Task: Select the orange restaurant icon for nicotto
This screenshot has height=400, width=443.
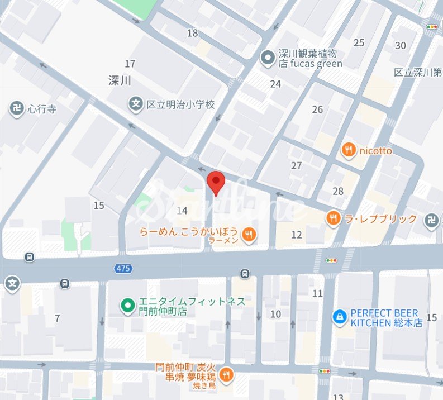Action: [349, 150]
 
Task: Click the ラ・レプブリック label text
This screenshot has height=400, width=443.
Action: [380, 218]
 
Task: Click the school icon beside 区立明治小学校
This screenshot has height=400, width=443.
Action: [135, 103]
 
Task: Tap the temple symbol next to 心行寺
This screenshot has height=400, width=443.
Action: [16, 108]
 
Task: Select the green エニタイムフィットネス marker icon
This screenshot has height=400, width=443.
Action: [127, 306]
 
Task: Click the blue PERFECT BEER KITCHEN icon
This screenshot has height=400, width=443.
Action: [339, 317]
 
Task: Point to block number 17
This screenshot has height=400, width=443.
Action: [130, 64]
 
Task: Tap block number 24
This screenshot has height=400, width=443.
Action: [275, 84]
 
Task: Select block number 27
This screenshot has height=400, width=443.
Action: [296, 166]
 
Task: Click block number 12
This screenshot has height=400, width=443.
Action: [296, 235]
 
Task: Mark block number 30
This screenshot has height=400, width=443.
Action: [401, 46]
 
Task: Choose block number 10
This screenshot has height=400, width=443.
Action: [275, 314]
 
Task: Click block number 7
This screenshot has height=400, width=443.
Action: [57, 318]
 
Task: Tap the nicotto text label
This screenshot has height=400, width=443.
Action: [375, 150]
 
